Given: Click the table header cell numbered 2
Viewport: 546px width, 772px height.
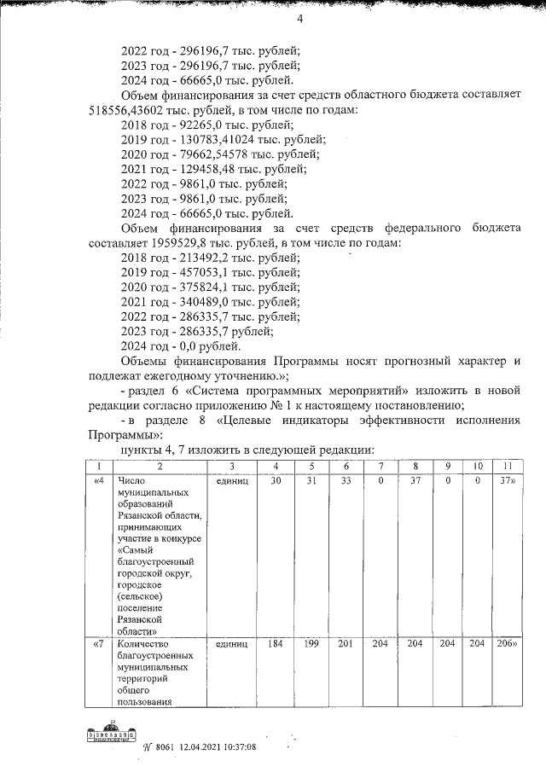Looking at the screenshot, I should click(160, 467).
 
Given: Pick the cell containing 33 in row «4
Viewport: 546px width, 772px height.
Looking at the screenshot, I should click(346, 482).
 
